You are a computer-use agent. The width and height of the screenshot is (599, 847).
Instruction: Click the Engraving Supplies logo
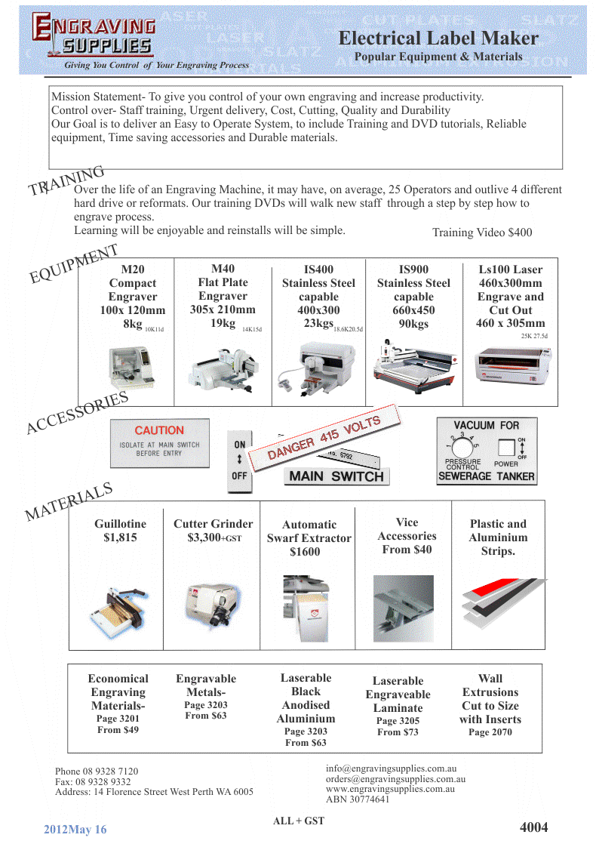point(94,36)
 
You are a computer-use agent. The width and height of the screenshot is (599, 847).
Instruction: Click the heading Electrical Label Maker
point(438,38)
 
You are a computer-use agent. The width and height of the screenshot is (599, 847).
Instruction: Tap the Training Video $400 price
point(481,233)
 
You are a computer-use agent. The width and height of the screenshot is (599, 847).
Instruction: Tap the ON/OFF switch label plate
point(239,460)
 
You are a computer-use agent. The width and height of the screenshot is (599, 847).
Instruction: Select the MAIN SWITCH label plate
point(336,476)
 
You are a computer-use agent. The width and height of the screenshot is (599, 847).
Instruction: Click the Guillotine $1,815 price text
point(120,537)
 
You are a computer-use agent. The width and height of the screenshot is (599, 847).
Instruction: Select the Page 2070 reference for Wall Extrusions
point(490,732)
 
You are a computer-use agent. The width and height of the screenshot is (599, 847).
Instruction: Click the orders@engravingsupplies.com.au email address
point(395,778)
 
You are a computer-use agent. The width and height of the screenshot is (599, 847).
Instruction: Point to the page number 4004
point(533,827)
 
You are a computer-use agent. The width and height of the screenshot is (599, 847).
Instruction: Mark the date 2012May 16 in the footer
point(75,830)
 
